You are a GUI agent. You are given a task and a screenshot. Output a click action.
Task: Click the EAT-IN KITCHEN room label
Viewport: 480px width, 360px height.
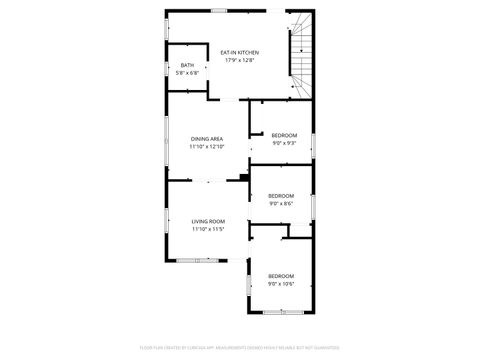tap(239, 51)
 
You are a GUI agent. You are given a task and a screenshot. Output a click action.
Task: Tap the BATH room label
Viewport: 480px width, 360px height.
tap(187, 65)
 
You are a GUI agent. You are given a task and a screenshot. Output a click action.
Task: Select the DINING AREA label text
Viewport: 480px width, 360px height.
tap(207, 139)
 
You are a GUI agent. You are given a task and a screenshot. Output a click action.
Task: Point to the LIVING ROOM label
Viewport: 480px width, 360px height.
tap(208, 221)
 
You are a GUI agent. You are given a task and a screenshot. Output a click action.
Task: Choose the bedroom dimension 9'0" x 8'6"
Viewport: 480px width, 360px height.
tap(281, 203)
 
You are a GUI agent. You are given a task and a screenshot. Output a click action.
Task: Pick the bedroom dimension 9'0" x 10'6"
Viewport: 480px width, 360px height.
tap(281, 284)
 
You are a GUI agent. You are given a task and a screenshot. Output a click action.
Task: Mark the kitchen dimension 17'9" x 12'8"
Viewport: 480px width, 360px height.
tap(239, 59)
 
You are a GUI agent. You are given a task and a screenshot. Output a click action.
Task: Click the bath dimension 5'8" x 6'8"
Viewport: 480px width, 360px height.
tap(187, 73)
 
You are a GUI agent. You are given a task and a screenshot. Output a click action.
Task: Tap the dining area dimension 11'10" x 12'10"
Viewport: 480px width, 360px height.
tap(207, 147)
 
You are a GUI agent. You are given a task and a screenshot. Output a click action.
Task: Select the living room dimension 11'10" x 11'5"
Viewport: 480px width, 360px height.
tap(208, 229)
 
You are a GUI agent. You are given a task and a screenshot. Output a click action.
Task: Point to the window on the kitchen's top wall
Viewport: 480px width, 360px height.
tap(220, 11)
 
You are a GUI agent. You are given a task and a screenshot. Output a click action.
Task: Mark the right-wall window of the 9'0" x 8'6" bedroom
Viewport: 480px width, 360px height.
tap(314, 205)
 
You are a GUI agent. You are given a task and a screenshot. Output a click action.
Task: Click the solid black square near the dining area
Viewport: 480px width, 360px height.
tap(244, 178)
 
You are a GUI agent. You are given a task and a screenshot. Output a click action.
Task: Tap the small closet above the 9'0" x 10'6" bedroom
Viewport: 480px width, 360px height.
tap(298, 230)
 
